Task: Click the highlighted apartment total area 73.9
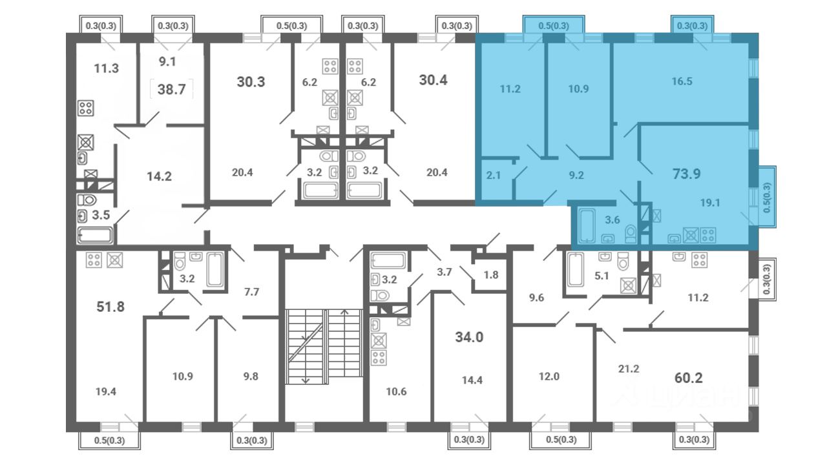click(686, 174)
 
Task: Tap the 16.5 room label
click(682, 81)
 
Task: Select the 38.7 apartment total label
click(172, 89)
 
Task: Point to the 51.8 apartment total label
click(110, 307)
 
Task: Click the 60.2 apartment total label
click(689, 378)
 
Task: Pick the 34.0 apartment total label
click(469, 337)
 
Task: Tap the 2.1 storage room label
click(493, 175)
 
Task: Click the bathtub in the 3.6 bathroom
click(587, 225)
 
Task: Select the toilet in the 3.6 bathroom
click(631, 233)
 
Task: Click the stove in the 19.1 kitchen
click(707, 235)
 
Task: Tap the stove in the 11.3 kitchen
click(86, 108)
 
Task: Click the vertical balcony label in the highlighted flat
click(767, 198)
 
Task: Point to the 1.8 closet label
click(491, 275)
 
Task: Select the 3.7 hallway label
click(445, 273)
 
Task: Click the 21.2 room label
click(629, 369)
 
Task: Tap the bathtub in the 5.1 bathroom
click(575, 270)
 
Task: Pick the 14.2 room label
click(159, 176)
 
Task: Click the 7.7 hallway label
click(251, 293)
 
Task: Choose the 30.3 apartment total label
click(251, 81)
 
